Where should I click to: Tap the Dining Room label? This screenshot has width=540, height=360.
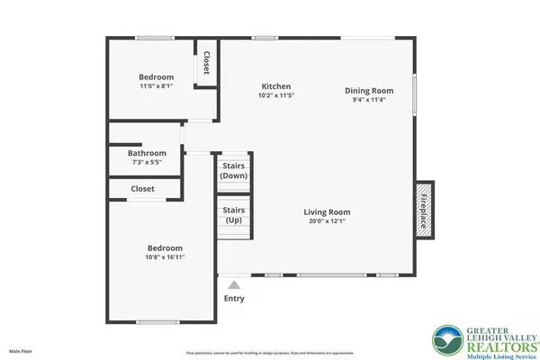[369, 90]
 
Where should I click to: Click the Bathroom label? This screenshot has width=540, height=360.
[147, 153]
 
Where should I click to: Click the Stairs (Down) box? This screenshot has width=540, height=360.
[233, 171]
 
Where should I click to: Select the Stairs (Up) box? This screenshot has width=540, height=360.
[233, 215]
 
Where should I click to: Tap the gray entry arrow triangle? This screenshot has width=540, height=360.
[233, 285]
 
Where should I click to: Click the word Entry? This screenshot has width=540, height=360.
[233, 298]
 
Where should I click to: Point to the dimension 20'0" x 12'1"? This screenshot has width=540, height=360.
[325, 221]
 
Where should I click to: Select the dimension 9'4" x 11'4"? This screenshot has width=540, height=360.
[369, 101]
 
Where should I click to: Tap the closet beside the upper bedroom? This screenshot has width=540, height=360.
[207, 63]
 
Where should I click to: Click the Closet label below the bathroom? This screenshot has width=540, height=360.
[142, 189]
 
